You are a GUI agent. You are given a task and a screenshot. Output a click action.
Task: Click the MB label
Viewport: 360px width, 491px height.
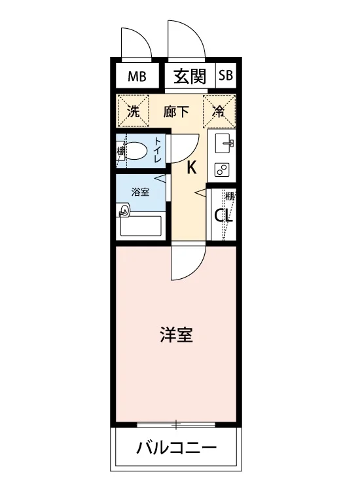tap(137, 76)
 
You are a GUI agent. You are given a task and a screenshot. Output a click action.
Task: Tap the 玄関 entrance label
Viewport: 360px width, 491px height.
tap(190, 76)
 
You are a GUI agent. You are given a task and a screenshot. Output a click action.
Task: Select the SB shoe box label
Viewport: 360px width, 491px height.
tap(226, 75)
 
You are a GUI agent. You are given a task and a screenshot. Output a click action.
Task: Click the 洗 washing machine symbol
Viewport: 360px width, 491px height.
tap(133, 111)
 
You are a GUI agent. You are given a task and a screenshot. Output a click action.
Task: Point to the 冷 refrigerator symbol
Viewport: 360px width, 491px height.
tap(219, 111)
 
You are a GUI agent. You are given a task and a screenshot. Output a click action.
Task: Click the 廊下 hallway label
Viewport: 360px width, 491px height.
tap(175, 111)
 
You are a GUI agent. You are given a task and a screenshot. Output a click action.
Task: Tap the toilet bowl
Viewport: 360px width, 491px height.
tap(136, 151)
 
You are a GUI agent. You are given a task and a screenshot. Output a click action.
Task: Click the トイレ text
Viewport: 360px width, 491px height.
tap(157, 150)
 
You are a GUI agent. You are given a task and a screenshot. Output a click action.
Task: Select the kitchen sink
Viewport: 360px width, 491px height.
tap(223, 143)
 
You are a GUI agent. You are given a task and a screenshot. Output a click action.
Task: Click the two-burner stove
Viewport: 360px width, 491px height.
tap(222, 170)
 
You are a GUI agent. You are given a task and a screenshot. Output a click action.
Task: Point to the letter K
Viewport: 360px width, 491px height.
tap(192, 167)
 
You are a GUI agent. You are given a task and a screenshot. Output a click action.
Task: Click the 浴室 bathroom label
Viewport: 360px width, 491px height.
tap(140, 192)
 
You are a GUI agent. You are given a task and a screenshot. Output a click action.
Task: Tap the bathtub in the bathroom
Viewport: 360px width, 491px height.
tap(141, 225)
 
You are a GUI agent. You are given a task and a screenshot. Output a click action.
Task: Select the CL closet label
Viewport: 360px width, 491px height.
tap(223, 215)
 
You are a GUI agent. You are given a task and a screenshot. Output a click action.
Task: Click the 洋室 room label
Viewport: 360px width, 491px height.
tap(176, 335)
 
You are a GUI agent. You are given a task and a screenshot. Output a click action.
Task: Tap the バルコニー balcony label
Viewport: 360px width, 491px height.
tap(176, 447)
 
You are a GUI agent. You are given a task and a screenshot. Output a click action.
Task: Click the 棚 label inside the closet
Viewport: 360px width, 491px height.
tap(230, 196)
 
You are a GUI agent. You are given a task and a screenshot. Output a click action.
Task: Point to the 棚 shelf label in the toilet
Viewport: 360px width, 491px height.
tap(120, 151)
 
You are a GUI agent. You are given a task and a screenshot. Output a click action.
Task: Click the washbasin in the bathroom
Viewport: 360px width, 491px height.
tap(124, 209)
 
